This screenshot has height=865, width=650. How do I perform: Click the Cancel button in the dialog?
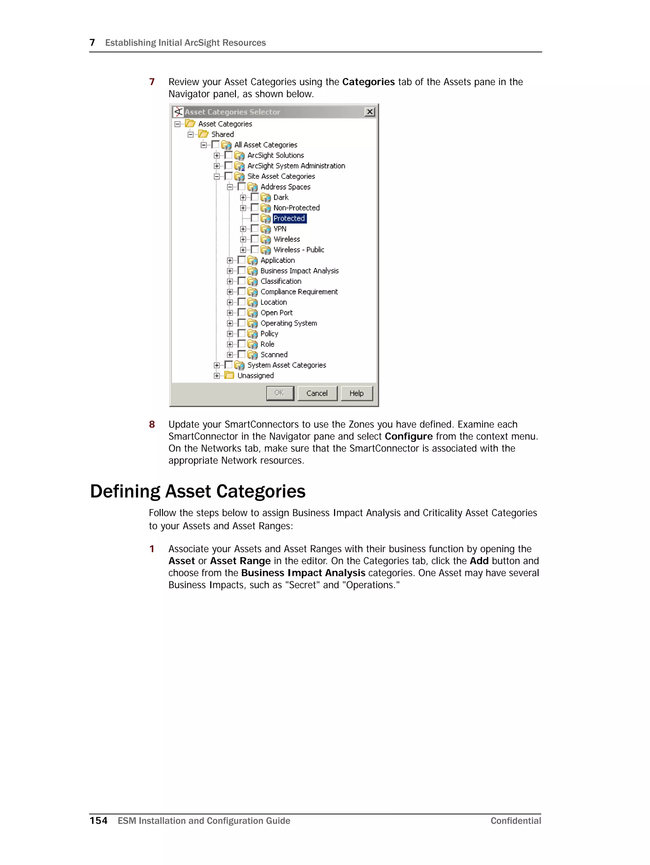point(317,393)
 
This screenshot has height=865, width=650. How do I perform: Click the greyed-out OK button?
point(280,393)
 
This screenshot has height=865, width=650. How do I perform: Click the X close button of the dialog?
point(369,112)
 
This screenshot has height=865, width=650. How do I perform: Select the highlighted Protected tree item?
point(289,218)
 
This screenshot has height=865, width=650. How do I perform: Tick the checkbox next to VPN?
point(255,228)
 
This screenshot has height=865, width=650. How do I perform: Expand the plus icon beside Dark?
point(243,197)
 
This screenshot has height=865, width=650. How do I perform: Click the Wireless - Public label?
point(299,250)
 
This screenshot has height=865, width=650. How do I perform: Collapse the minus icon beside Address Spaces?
point(229,187)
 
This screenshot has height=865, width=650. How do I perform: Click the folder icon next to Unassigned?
point(229,376)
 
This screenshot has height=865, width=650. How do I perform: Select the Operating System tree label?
point(289,323)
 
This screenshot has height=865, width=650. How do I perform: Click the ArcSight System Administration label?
point(296,166)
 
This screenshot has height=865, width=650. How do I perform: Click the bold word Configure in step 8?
point(408,436)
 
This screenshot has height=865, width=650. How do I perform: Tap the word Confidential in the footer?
point(515,821)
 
